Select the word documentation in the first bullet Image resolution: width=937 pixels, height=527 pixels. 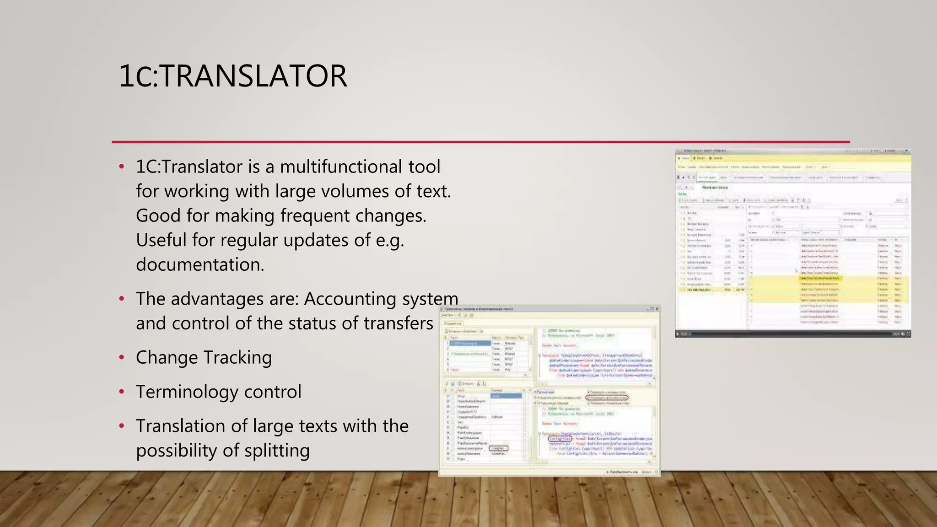[199, 264]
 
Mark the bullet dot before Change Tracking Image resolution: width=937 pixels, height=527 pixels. [122, 357]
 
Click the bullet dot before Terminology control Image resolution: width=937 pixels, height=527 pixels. [122, 392]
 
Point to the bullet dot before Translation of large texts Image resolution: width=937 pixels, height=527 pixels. [122, 426]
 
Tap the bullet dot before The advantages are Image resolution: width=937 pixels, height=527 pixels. [122, 299]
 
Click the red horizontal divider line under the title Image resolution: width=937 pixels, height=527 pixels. [480, 142]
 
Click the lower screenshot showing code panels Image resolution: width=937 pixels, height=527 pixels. [549, 391]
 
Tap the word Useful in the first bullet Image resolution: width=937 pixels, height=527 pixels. [161, 240]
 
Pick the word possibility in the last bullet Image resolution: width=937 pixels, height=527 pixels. [176, 450]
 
